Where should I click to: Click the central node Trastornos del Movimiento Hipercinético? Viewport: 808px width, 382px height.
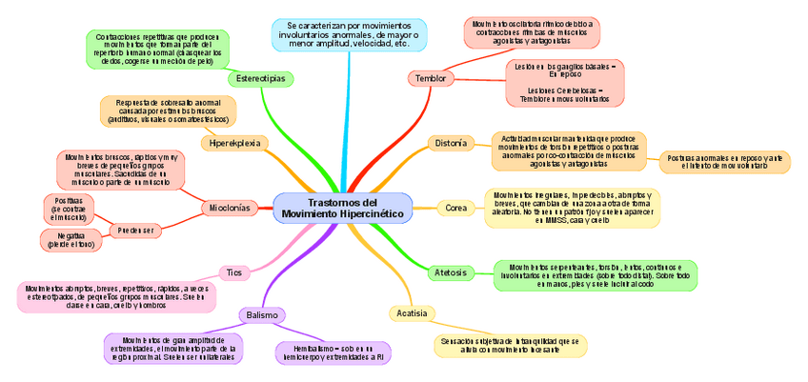(x=342, y=209)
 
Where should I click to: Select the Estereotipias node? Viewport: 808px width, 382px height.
(x=260, y=78)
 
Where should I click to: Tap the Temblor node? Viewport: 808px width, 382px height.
(x=430, y=77)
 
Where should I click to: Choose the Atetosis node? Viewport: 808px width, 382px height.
(x=450, y=272)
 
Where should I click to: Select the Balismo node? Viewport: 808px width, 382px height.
(x=261, y=314)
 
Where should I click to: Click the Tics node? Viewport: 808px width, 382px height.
(x=233, y=272)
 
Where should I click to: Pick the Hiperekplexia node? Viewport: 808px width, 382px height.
(x=234, y=142)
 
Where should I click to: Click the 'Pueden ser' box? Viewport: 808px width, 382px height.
(x=134, y=230)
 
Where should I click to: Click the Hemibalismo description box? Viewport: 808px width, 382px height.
(x=333, y=352)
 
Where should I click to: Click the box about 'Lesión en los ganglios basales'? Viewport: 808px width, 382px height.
(x=565, y=83)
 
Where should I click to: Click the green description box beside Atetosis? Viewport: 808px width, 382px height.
(x=595, y=275)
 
